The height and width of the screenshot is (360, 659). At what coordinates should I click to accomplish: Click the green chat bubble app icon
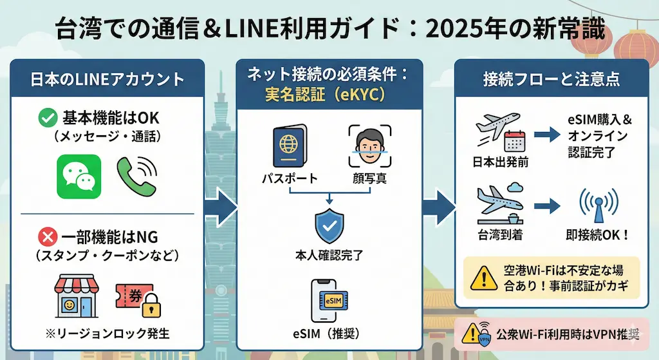pyautogui.click(x=79, y=176)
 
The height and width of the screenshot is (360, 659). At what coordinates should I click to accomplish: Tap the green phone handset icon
pyautogui.click(x=136, y=175)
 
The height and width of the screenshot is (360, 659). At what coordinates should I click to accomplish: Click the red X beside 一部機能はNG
pyautogui.click(x=46, y=236)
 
